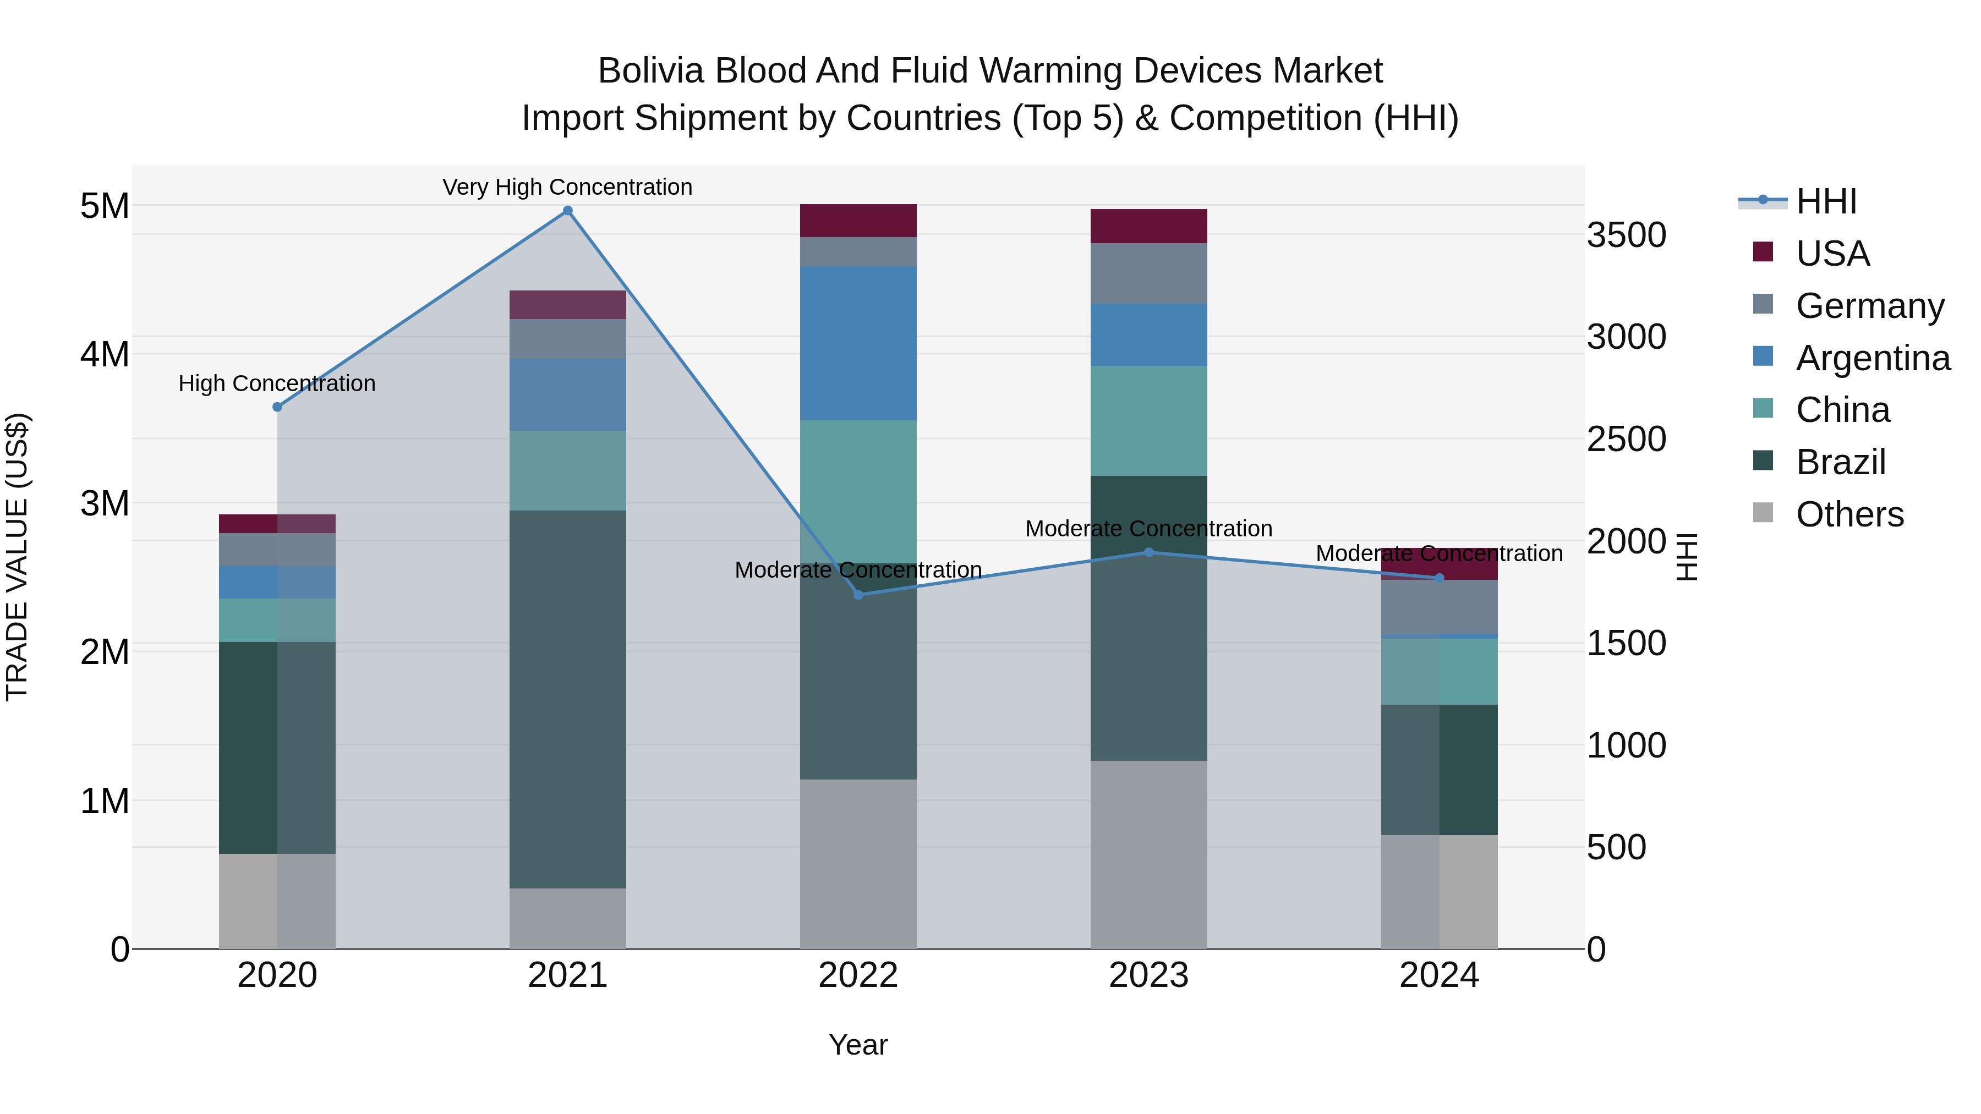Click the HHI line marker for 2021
point(567,211)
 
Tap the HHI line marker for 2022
point(858,594)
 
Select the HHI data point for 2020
point(278,407)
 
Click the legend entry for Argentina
point(1872,358)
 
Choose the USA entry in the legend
point(1832,254)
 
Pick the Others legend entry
point(1849,514)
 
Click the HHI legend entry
point(1826,201)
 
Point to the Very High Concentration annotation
point(567,187)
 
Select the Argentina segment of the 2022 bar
point(858,343)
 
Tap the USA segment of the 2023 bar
point(1149,226)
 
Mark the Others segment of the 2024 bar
point(1439,891)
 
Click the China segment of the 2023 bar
point(1149,420)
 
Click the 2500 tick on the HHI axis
point(1626,440)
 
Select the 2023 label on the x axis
point(1149,975)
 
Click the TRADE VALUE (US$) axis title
point(17,557)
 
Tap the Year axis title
point(858,1045)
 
